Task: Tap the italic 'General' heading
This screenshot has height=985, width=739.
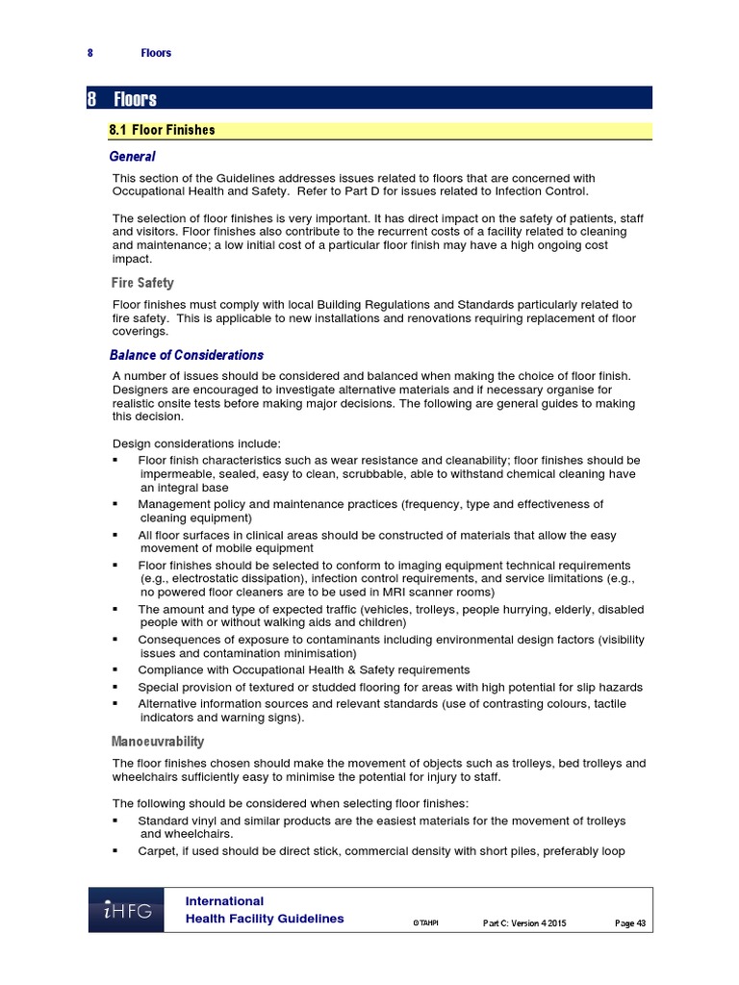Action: coord(132,156)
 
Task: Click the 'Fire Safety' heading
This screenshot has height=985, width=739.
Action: coord(143,283)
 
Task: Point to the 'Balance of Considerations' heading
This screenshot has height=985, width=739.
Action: coord(186,355)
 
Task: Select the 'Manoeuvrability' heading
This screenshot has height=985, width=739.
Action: coord(159,742)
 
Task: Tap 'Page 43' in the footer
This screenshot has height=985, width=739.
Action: coord(630,923)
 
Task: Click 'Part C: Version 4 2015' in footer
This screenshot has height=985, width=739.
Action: coord(523,923)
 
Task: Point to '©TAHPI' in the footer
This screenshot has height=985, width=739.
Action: coord(424,923)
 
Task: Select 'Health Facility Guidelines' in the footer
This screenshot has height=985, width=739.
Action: coord(265,919)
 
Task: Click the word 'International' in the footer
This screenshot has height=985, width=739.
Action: coord(224,901)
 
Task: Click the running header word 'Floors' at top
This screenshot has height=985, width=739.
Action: coord(155,53)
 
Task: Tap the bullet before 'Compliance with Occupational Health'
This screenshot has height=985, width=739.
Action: coord(115,669)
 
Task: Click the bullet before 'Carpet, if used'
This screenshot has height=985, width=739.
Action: coord(115,851)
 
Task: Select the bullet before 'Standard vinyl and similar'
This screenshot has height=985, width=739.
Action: coord(115,821)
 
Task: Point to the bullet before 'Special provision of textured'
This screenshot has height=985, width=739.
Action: coord(115,687)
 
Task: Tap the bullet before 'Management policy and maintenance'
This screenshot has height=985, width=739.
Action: coord(115,504)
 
